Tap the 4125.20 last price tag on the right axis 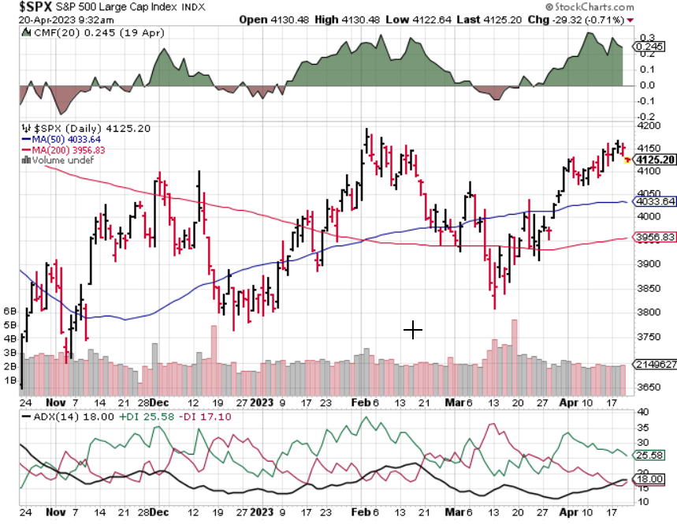click(x=658, y=160)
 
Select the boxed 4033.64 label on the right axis click(x=659, y=201)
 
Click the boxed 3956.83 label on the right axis click(x=659, y=237)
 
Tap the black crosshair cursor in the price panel click(x=413, y=331)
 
